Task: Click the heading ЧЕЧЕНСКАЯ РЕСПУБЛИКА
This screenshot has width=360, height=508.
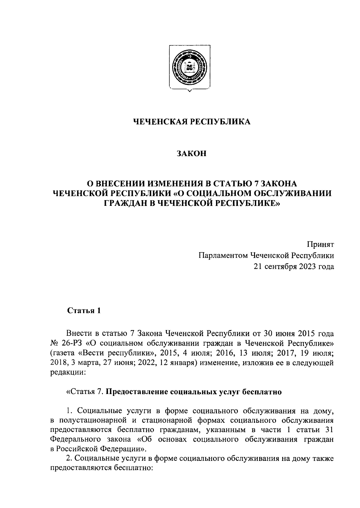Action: pos(191,122)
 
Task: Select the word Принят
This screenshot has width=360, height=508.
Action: pos(320,245)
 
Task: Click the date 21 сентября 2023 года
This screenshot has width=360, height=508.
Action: pos(294,266)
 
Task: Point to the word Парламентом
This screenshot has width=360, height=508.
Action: pos(223,255)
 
